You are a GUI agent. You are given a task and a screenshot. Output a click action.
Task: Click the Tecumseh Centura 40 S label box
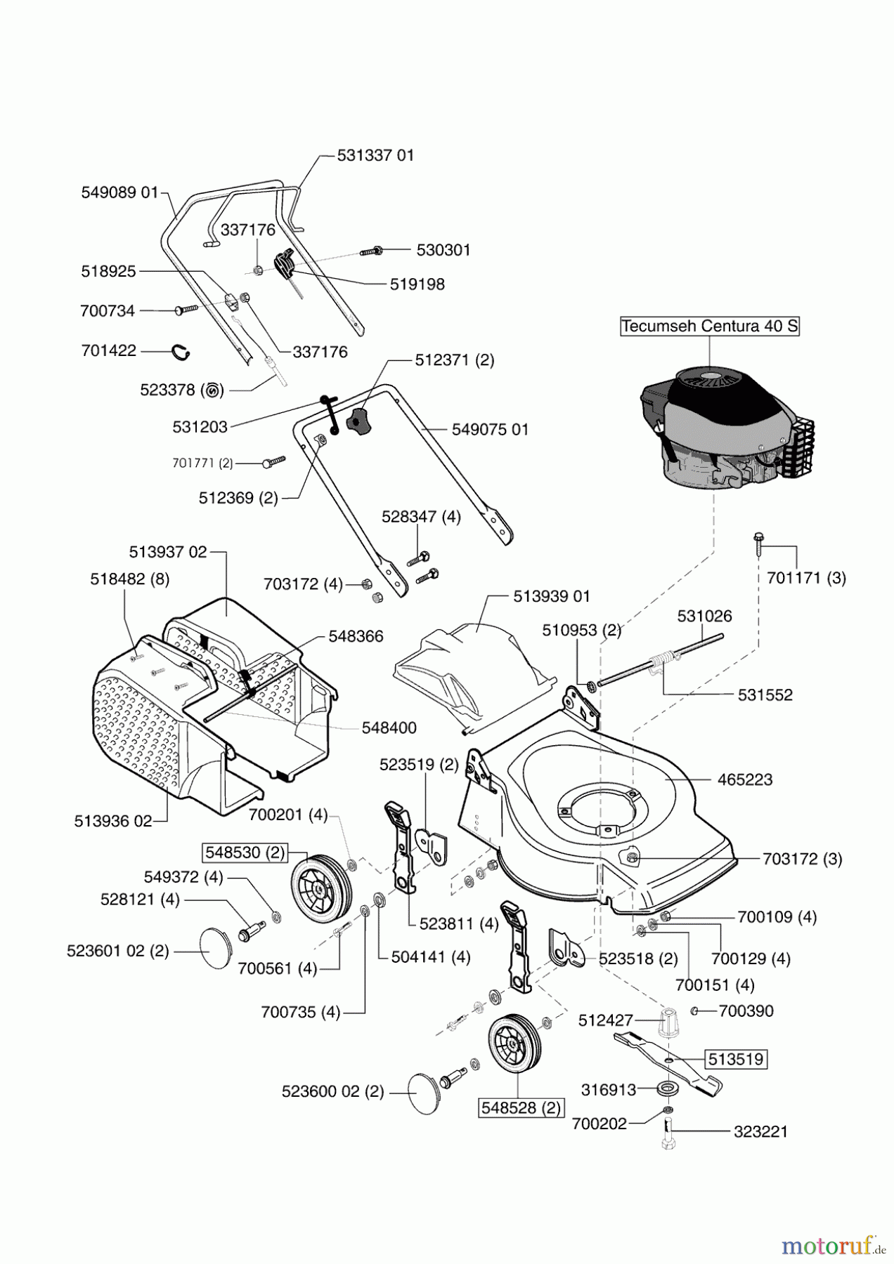(x=710, y=327)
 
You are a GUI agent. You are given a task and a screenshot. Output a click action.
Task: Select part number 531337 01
(x=375, y=155)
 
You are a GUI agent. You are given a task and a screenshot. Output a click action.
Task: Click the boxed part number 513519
(x=735, y=1058)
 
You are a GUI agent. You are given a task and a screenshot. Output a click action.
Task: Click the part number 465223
(x=745, y=779)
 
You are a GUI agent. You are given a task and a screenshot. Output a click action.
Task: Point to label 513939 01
(x=552, y=596)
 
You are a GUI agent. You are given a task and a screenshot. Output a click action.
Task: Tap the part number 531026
(x=704, y=616)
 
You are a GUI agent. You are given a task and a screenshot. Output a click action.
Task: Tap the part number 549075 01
(x=490, y=429)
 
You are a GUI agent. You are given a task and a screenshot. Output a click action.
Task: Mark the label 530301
(x=443, y=250)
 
